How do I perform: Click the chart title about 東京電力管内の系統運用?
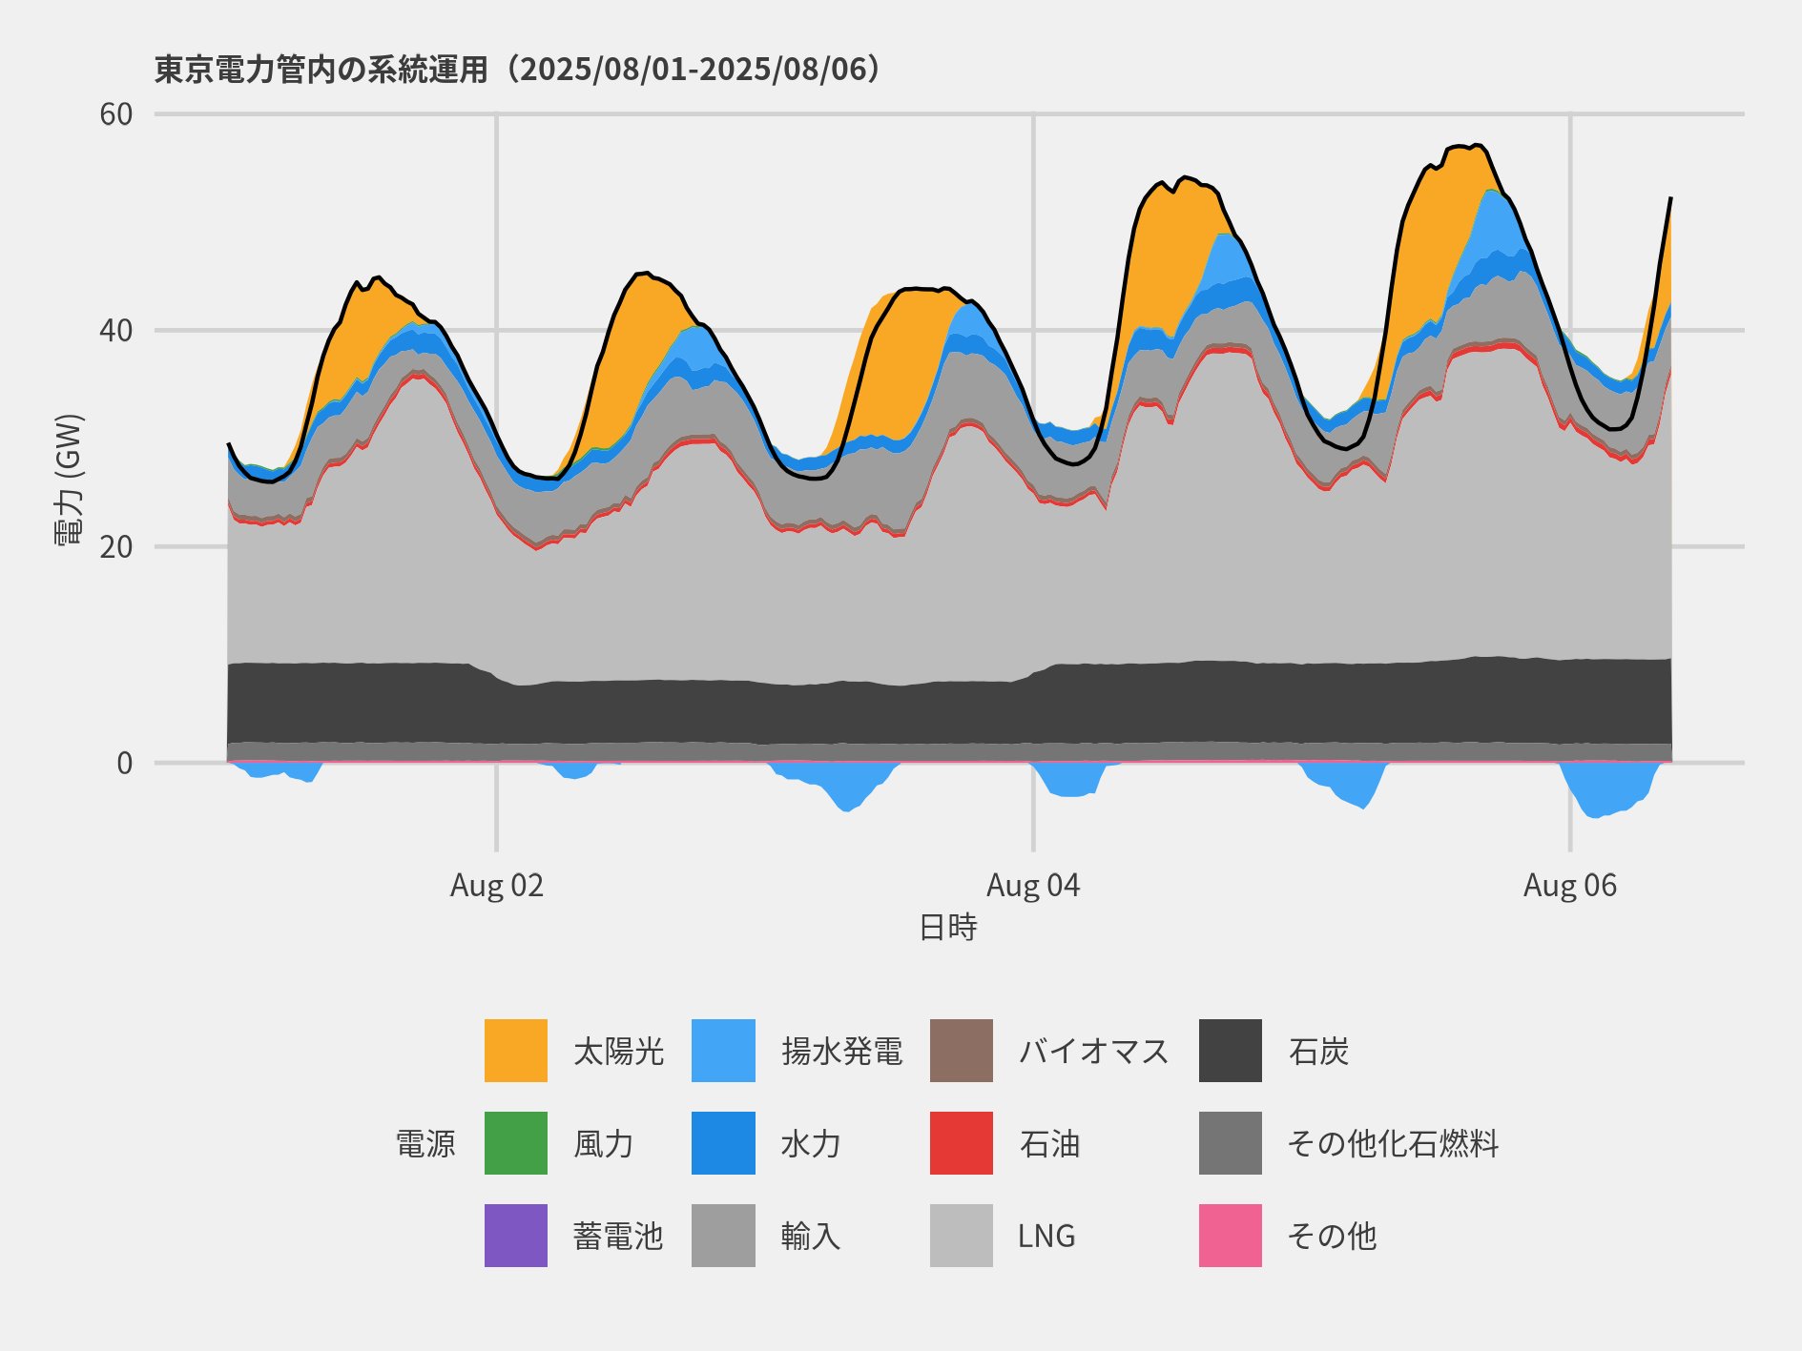[516, 70]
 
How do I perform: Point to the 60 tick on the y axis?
[115, 114]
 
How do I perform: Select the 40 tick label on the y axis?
[115, 331]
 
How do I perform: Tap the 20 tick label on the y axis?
[115, 547]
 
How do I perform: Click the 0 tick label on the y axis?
[124, 763]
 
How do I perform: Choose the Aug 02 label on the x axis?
[496, 886]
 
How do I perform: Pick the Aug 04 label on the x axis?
[1033, 886]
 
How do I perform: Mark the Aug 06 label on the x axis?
[1570, 886]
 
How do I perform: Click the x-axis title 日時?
[947, 927]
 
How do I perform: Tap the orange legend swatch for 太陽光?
[516, 1051]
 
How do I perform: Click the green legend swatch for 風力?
[516, 1143]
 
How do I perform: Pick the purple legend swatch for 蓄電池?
[516, 1236]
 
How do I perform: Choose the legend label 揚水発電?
[841, 1051]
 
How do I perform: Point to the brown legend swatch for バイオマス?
[962, 1051]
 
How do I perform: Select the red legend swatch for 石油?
[962, 1143]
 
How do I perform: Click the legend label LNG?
[1046, 1237]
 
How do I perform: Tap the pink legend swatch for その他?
[1231, 1236]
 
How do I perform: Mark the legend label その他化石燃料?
[1393, 1143]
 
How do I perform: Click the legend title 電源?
[425, 1143]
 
